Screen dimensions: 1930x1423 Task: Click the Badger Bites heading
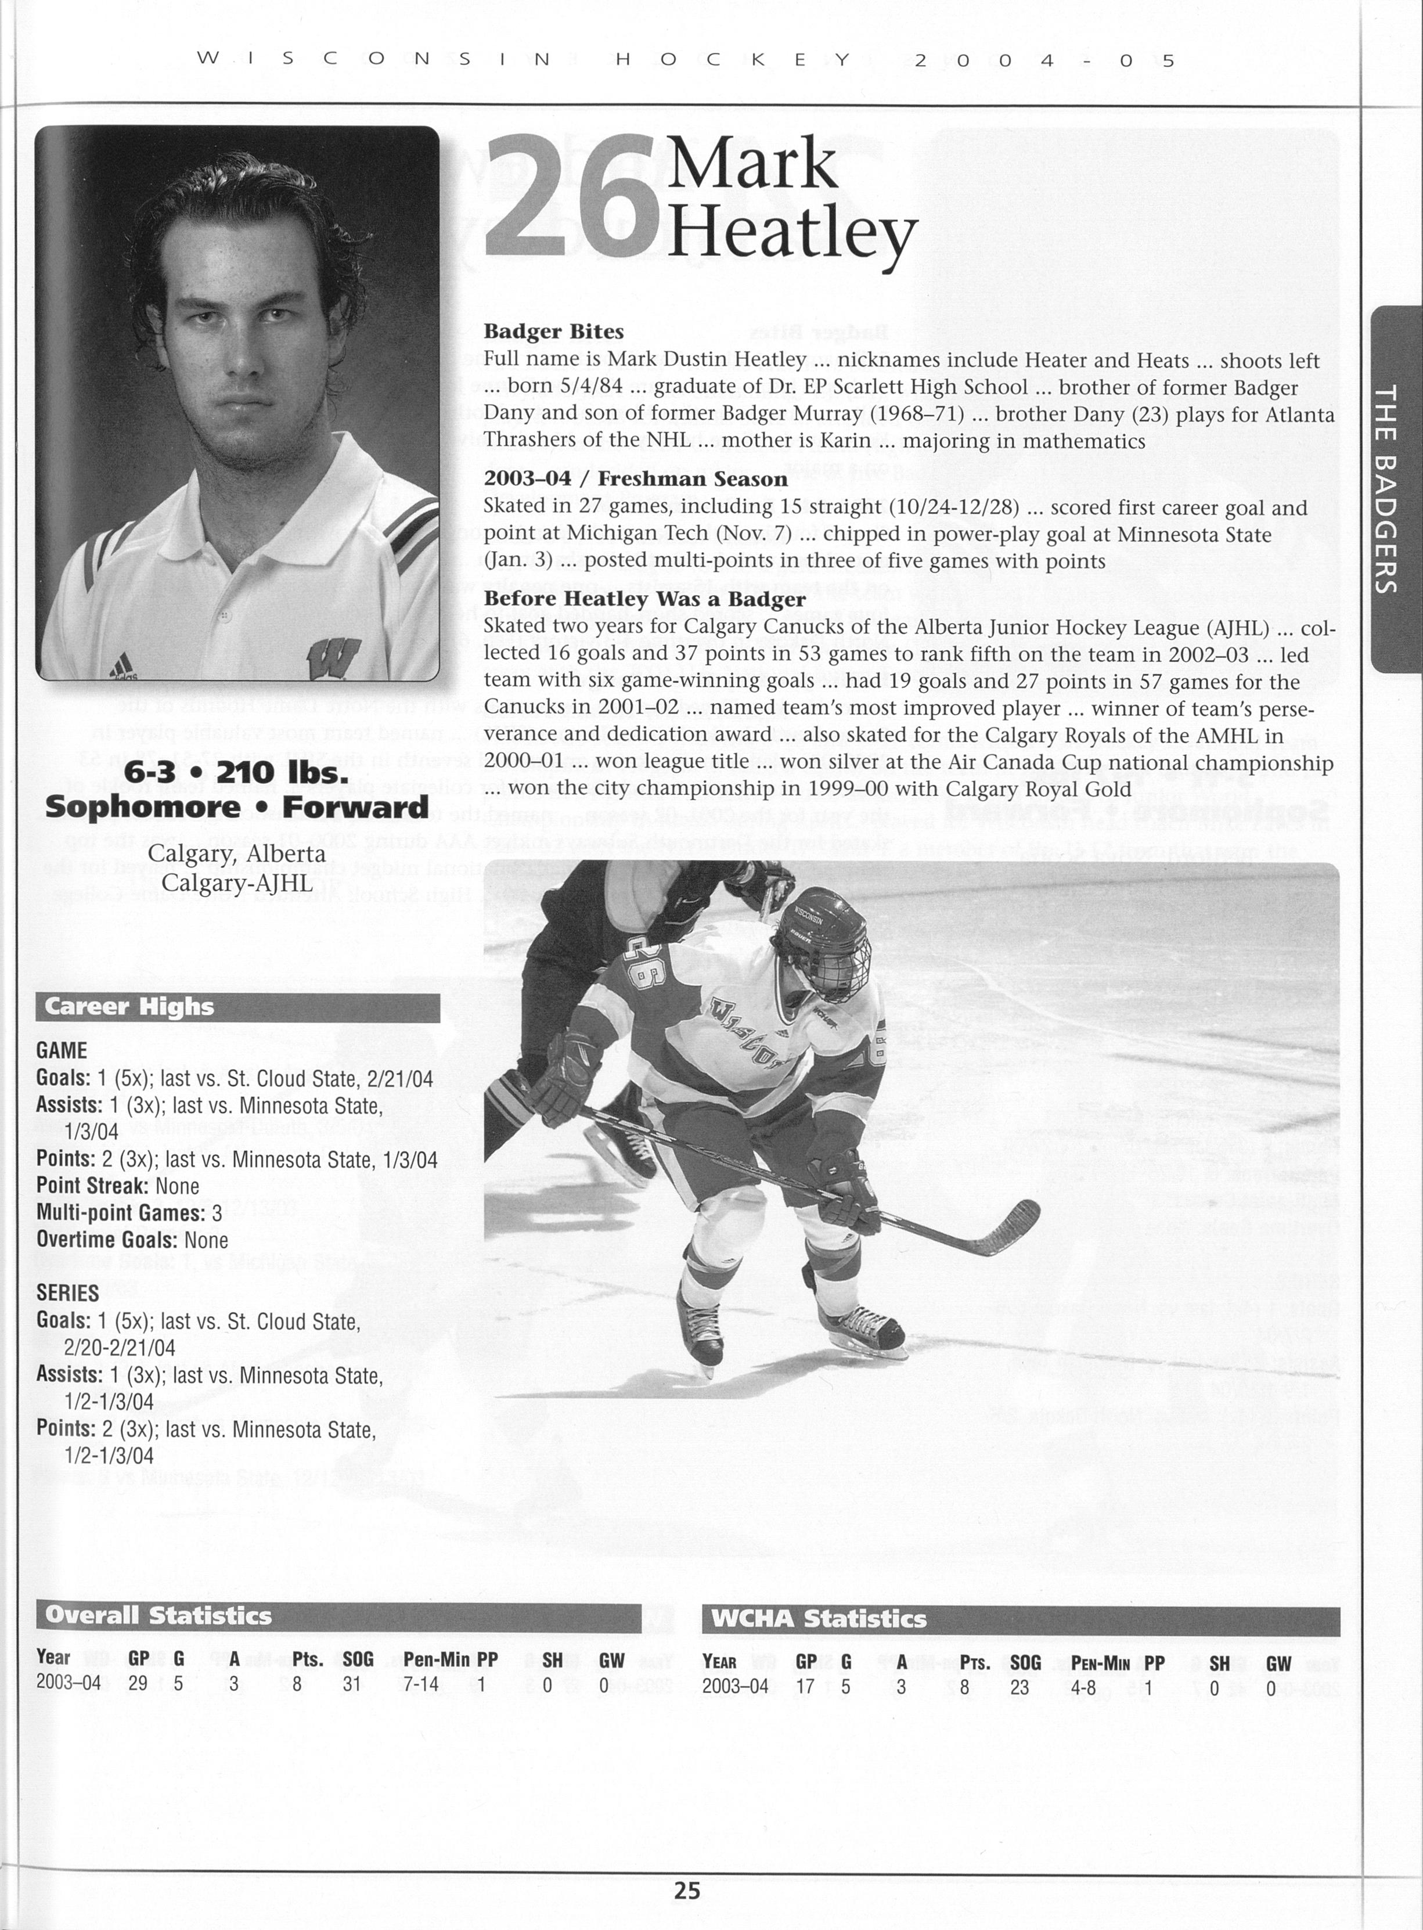(554, 332)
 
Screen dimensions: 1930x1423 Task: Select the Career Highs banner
(237, 1007)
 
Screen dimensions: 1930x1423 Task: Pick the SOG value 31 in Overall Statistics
(351, 1684)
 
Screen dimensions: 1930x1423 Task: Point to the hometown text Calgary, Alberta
(236, 854)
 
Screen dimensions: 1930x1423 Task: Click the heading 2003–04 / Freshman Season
(636, 479)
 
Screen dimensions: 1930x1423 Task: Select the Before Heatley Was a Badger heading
(644, 599)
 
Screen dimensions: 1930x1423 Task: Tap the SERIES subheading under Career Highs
(67, 1294)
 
